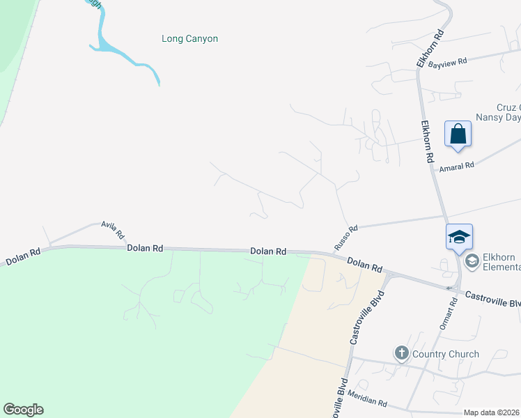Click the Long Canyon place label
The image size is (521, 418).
(x=189, y=39)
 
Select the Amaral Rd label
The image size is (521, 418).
(x=456, y=165)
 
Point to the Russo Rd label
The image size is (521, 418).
(x=345, y=238)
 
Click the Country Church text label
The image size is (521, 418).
(x=445, y=354)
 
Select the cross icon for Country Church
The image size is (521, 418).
(x=402, y=353)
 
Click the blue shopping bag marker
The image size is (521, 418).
(x=458, y=133)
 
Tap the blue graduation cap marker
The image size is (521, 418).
(x=460, y=236)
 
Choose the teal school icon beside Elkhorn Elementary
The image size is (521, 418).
(x=472, y=261)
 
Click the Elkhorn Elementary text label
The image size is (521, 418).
(x=501, y=261)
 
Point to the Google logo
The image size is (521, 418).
(x=23, y=410)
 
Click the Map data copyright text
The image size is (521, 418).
(x=492, y=412)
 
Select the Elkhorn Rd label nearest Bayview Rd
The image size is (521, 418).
(x=430, y=49)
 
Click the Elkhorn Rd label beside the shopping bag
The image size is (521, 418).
(x=428, y=139)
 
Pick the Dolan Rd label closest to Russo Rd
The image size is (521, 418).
(x=365, y=264)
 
